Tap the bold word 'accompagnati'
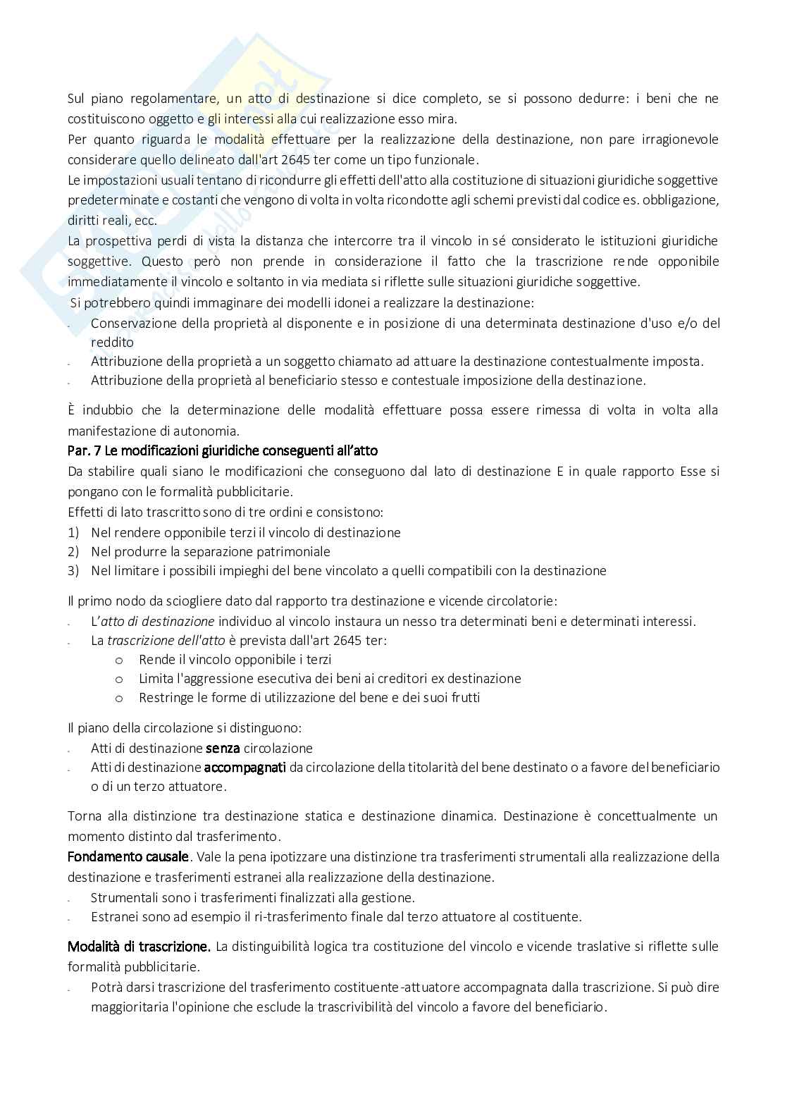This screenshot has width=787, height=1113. (244, 767)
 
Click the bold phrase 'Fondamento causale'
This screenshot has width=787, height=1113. (128, 857)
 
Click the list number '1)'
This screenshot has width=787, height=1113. (73, 533)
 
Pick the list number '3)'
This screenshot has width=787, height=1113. (73, 571)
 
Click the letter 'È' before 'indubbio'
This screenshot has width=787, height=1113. (72, 410)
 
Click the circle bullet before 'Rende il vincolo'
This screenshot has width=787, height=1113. (119, 660)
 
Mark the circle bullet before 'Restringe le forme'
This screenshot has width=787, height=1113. (119, 698)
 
